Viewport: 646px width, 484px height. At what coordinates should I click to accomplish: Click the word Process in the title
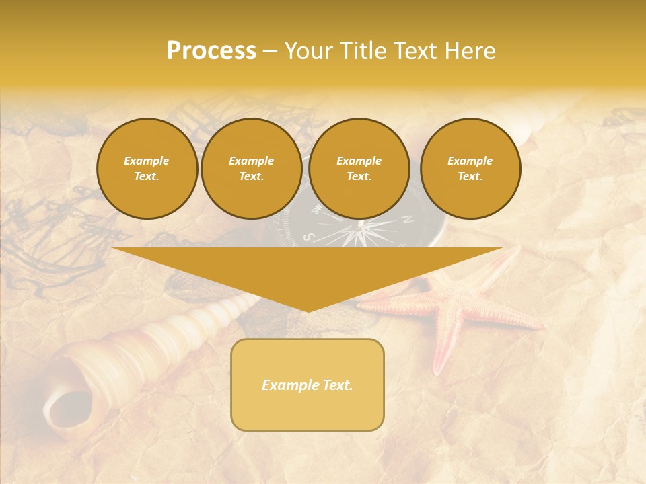tap(211, 51)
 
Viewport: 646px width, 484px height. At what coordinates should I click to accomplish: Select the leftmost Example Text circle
tap(147, 169)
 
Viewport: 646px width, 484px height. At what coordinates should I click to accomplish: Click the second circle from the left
tap(251, 169)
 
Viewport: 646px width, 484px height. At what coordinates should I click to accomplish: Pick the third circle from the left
tap(359, 169)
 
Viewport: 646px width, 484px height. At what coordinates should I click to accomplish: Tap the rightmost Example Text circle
tap(470, 169)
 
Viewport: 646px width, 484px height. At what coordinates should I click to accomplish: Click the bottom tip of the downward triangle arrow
tap(308, 310)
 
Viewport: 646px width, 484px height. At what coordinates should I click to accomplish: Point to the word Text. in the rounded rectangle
tap(336, 385)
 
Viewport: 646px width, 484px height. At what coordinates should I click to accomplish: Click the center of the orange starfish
tap(452, 309)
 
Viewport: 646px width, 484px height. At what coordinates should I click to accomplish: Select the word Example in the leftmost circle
tap(147, 161)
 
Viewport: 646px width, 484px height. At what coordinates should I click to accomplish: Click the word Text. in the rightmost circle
tap(470, 177)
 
